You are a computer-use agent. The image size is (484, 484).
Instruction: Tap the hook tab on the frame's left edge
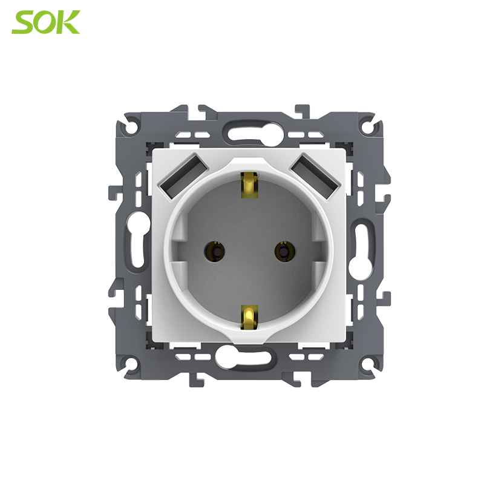coord(113,193)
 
